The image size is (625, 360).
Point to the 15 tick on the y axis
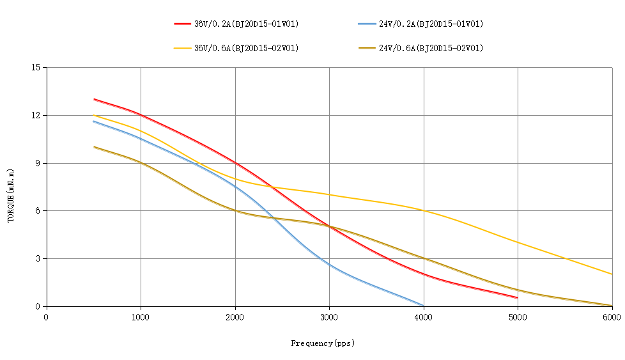click(x=35, y=68)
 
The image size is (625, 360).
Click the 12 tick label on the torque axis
click(x=35, y=116)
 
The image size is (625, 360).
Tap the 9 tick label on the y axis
click(x=37, y=163)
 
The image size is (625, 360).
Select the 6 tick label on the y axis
click(x=37, y=211)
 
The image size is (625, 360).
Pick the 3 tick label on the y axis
click(x=37, y=259)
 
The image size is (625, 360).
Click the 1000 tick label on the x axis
click(x=141, y=316)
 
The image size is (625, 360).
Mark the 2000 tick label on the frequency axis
click(x=235, y=316)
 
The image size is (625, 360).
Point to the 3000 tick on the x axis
click(x=329, y=316)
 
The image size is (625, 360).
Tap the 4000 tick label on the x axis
click(x=424, y=316)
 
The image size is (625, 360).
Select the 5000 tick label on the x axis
click(x=518, y=316)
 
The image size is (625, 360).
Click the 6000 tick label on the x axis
click(x=612, y=316)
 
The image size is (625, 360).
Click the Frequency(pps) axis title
click(x=323, y=343)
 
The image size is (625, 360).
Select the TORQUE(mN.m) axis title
click(x=11, y=196)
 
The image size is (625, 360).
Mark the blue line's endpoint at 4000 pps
click(x=424, y=306)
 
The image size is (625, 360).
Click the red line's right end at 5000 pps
click(x=517, y=297)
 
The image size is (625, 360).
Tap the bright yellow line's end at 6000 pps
click(x=612, y=274)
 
